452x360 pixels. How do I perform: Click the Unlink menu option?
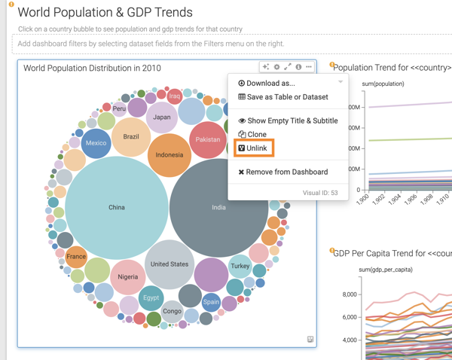pyautogui.click(x=254, y=148)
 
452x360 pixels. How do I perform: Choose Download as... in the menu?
pyautogui.click(x=267, y=84)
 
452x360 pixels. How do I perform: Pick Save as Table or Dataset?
pyautogui.click(x=282, y=97)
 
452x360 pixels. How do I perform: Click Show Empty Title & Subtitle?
pyautogui.click(x=288, y=121)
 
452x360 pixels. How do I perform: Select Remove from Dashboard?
pyautogui.click(x=282, y=172)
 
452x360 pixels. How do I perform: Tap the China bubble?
pyautogui.click(x=117, y=207)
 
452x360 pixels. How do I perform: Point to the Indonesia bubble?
pyautogui.click(x=169, y=155)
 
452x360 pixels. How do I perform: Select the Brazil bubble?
pyautogui.click(x=131, y=137)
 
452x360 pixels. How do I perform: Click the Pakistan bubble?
pyautogui.click(x=208, y=139)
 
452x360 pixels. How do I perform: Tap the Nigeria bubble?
pyautogui.click(x=128, y=276)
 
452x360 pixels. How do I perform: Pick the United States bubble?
pyautogui.click(x=169, y=264)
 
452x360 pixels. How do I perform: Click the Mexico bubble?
pyautogui.click(x=96, y=143)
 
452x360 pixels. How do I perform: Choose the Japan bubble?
pyautogui.click(x=161, y=117)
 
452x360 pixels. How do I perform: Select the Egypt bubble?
pyautogui.click(x=151, y=297)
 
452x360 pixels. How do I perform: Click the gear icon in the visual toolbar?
pyautogui.click(x=276, y=67)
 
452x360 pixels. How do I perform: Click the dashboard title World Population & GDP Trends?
pyautogui.click(x=105, y=13)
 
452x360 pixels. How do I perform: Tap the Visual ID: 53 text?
pyautogui.click(x=320, y=193)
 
